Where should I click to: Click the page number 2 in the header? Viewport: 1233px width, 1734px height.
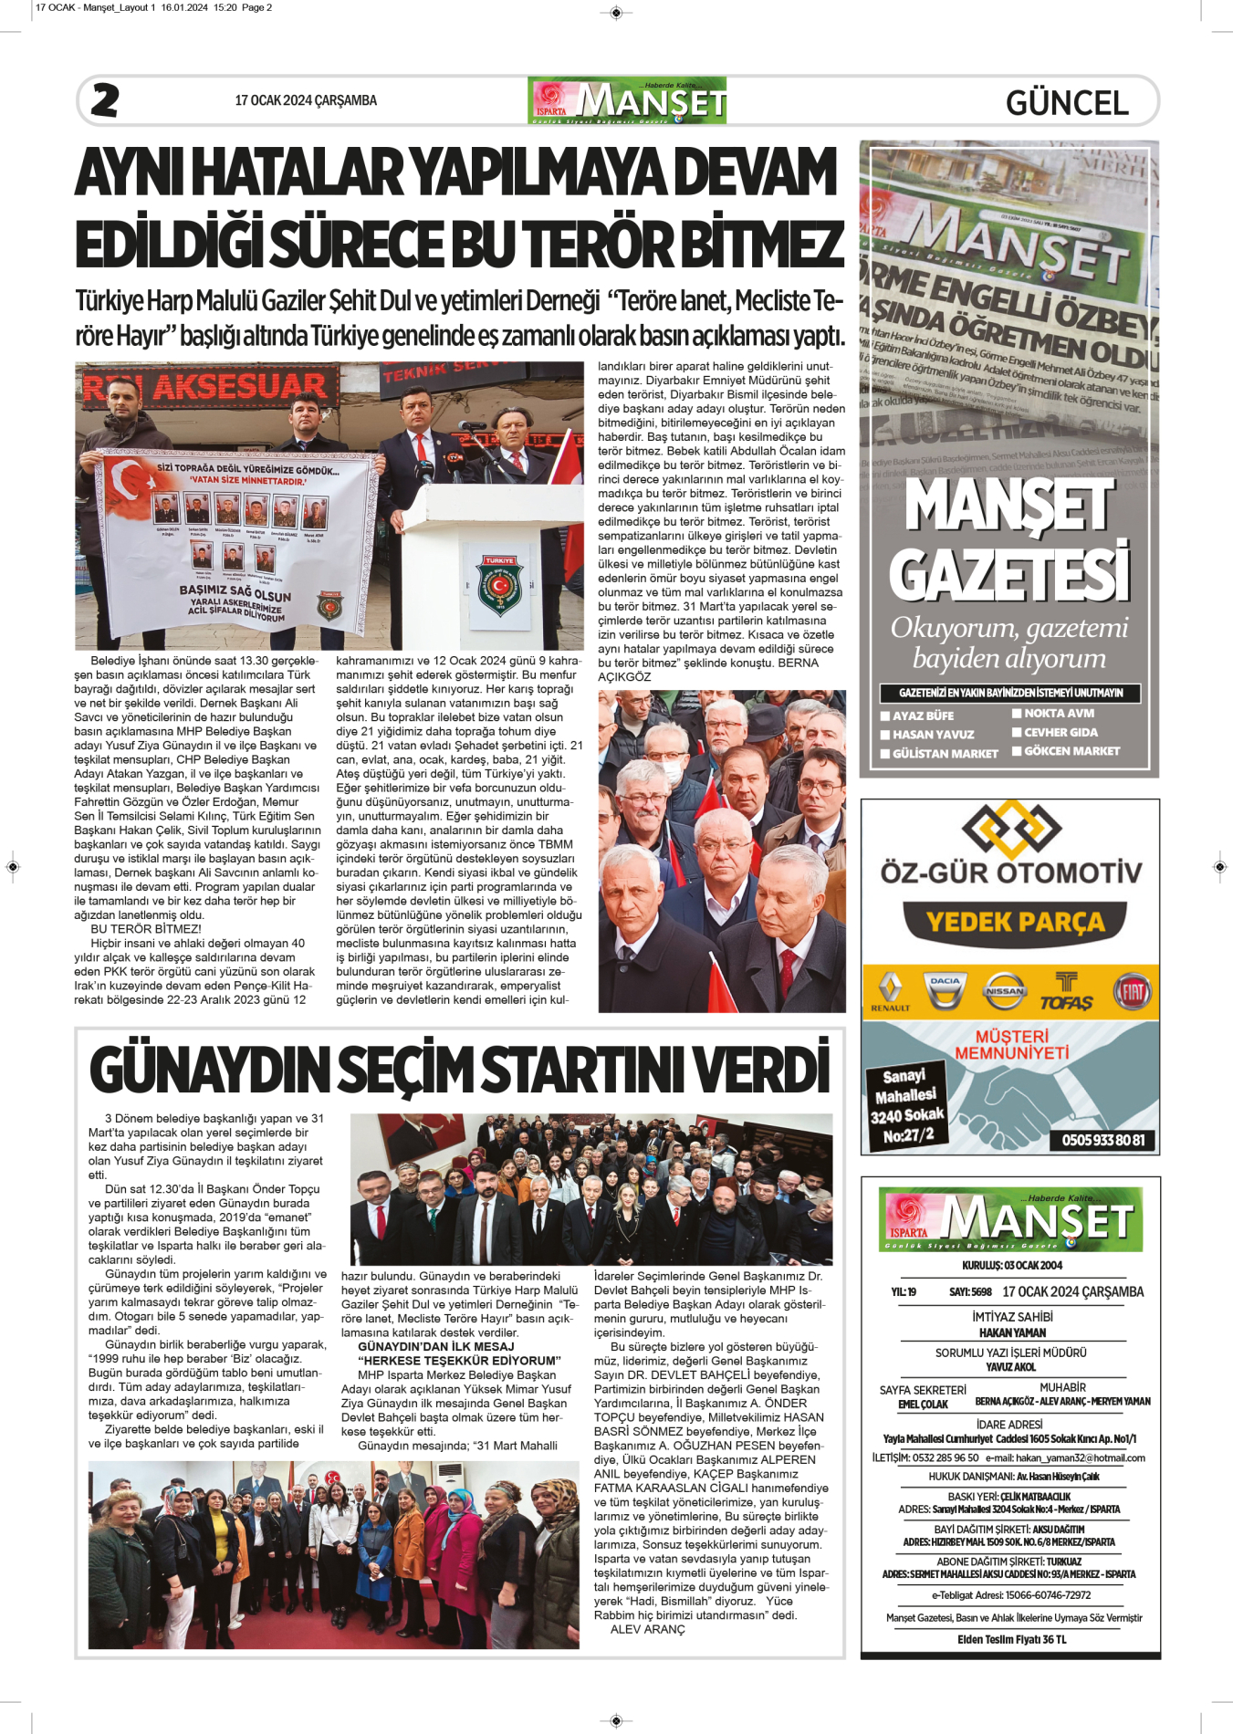[x=105, y=100]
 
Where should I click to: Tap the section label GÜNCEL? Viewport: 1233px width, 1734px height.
[x=1066, y=102]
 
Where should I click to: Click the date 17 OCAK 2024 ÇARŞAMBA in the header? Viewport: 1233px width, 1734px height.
[x=306, y=100]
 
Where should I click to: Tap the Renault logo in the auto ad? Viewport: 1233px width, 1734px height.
[x=890, y=991]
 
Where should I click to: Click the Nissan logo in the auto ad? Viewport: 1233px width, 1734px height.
[x=1004, y=991]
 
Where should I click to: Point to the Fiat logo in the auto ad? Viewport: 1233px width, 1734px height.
[x=1132, y=991]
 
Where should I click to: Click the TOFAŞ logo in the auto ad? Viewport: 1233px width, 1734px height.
[x=1066, y=993]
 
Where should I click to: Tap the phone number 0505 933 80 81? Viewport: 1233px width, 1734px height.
[x=1102, y=1140]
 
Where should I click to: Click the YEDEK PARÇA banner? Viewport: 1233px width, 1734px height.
[x=1015, y=923]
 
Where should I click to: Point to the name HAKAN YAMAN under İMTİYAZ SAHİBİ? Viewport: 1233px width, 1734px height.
[x=1012, y=1332]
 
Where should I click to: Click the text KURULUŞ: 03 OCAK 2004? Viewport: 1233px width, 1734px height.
[x=1011, y=1265]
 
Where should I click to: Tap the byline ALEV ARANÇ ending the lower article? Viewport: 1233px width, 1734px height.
[x=647, y=1629]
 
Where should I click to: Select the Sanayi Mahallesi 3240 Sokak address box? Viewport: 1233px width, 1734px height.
[x=907, y=1106]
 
